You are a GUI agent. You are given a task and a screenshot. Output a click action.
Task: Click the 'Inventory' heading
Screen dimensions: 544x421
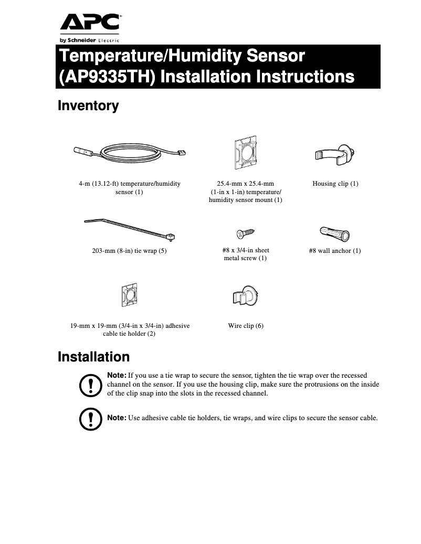pos(88,106)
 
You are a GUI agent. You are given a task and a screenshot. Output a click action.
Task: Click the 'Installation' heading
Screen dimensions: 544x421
pos(93,357)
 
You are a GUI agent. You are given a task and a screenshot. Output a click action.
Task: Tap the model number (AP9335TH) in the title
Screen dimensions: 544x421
pos(107,77)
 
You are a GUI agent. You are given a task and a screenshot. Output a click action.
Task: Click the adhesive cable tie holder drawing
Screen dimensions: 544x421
pos(129,297)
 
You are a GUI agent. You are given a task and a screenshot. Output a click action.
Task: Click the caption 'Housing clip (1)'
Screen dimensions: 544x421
pos(335,184)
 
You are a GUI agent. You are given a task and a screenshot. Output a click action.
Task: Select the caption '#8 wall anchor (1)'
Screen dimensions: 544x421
pos(335,251)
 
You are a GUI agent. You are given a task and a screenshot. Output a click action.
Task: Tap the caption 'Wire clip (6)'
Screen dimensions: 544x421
pos(246,326)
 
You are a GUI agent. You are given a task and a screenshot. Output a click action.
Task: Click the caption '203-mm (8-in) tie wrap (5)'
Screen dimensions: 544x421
pos(129,251)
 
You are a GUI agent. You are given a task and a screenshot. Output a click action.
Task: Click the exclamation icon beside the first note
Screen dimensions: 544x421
pos(90,385)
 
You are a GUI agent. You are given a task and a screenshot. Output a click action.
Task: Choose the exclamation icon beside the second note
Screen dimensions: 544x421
pos(90,419)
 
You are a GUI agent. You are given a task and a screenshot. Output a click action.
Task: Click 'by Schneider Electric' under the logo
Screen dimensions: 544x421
pos(89,40)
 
